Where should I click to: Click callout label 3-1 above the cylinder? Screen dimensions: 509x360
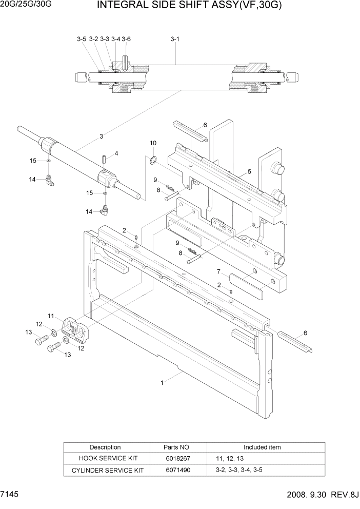point(174,39)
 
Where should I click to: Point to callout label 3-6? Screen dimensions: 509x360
point(126,39)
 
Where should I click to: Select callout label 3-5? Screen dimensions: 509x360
point(82,39)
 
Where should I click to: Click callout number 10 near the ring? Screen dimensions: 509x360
point(153,143)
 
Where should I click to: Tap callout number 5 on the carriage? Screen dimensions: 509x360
point(249,171)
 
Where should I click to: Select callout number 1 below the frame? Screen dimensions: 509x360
point(163,382)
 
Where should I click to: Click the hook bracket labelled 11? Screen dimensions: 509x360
point(75,328)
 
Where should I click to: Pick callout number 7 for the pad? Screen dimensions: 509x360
point(218,271)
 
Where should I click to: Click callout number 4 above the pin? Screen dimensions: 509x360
point(116,153)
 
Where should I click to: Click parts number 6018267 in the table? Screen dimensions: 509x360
point(176,458)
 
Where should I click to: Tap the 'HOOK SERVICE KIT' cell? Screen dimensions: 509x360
point(106,458)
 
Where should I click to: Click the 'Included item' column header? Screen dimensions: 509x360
point(262,447)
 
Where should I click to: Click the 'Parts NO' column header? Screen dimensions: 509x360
point(176,447)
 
